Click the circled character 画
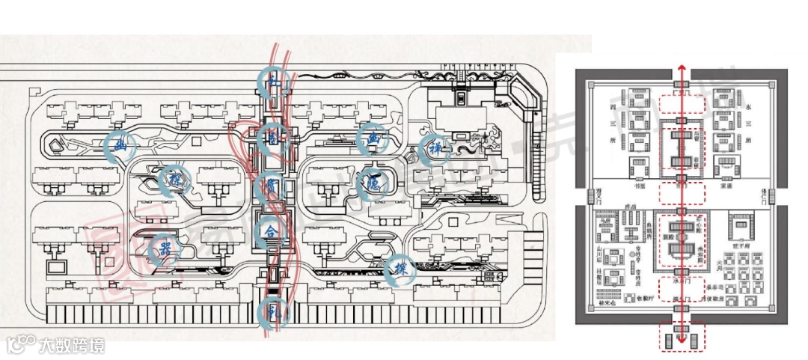[372, 138]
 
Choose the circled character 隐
[372, 180]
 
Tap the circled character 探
[400, 268]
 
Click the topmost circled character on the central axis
[271, 79]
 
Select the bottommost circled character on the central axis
[271, 312]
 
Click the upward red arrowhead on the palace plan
[682, 70]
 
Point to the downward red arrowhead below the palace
[682, 335]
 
